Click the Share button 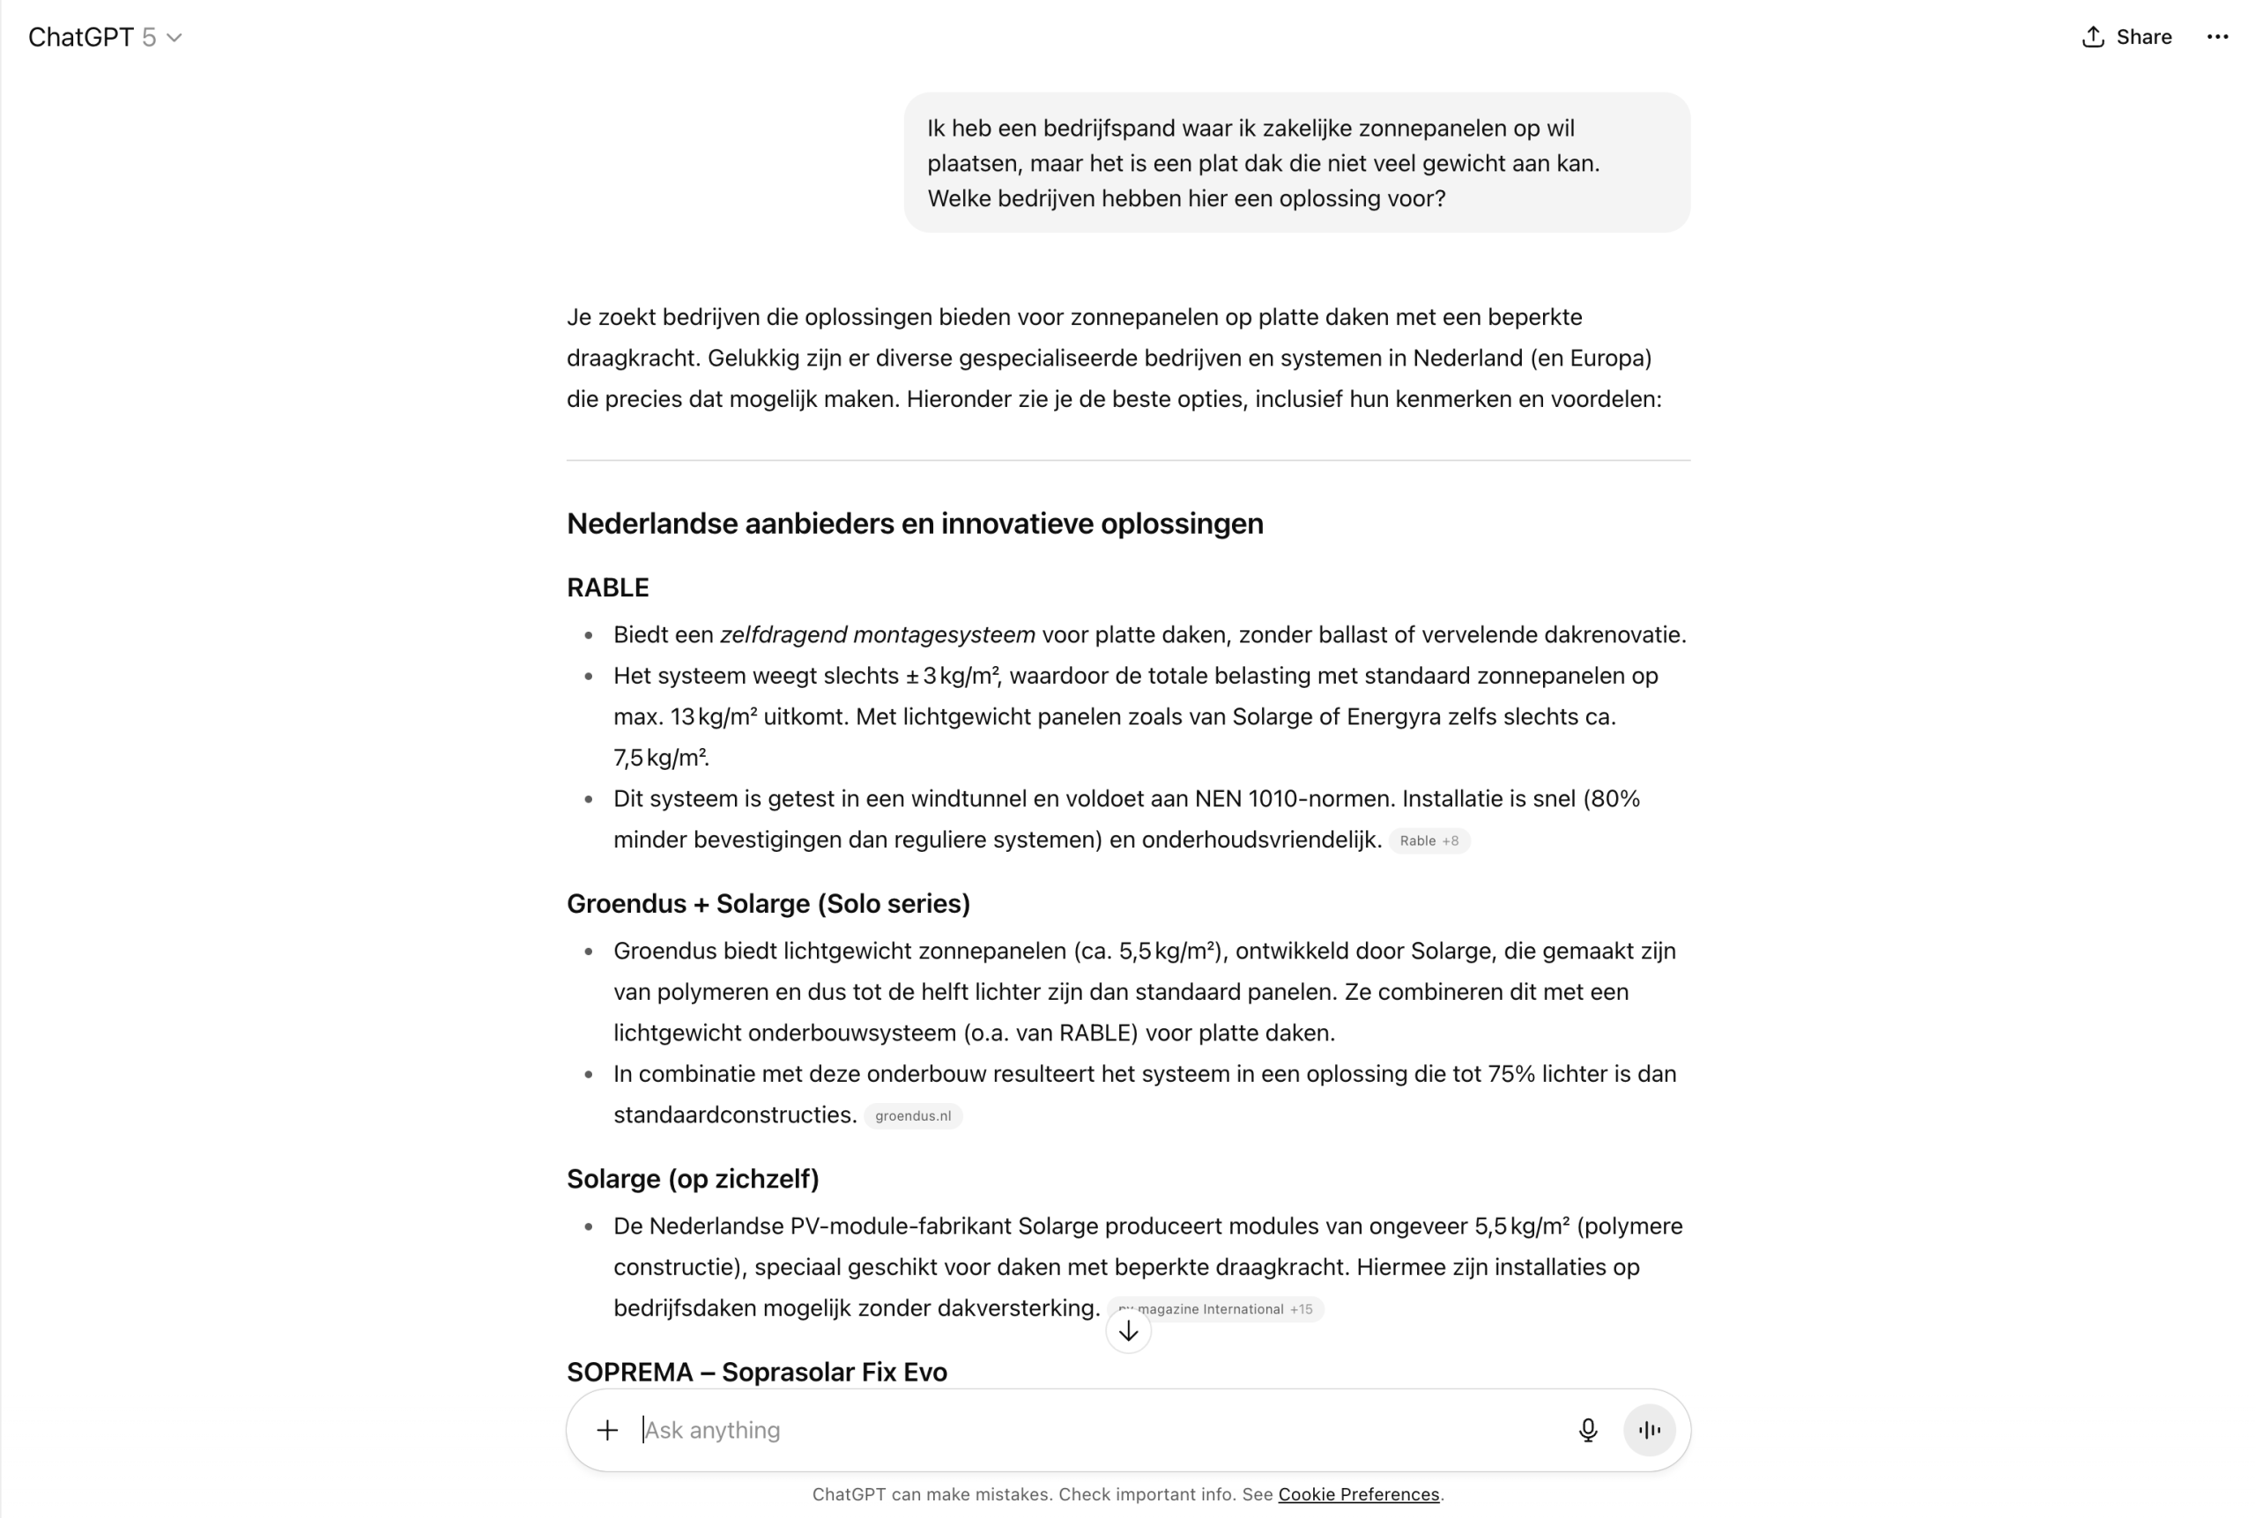2126,37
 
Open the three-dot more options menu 2217,37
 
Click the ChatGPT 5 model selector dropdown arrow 174,38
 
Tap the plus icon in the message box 607,1430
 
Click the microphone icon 1588,1430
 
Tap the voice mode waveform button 1649,1430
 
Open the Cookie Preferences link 1358,1494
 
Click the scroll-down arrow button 1128,1332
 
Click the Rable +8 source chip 1429,840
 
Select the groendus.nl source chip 912,1115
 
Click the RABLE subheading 608,588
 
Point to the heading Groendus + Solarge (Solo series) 768,903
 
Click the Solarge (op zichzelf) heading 693,1178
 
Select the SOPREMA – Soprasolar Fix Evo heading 756,1372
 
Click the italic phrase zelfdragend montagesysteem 877,635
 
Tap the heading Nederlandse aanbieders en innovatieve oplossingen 914,523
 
